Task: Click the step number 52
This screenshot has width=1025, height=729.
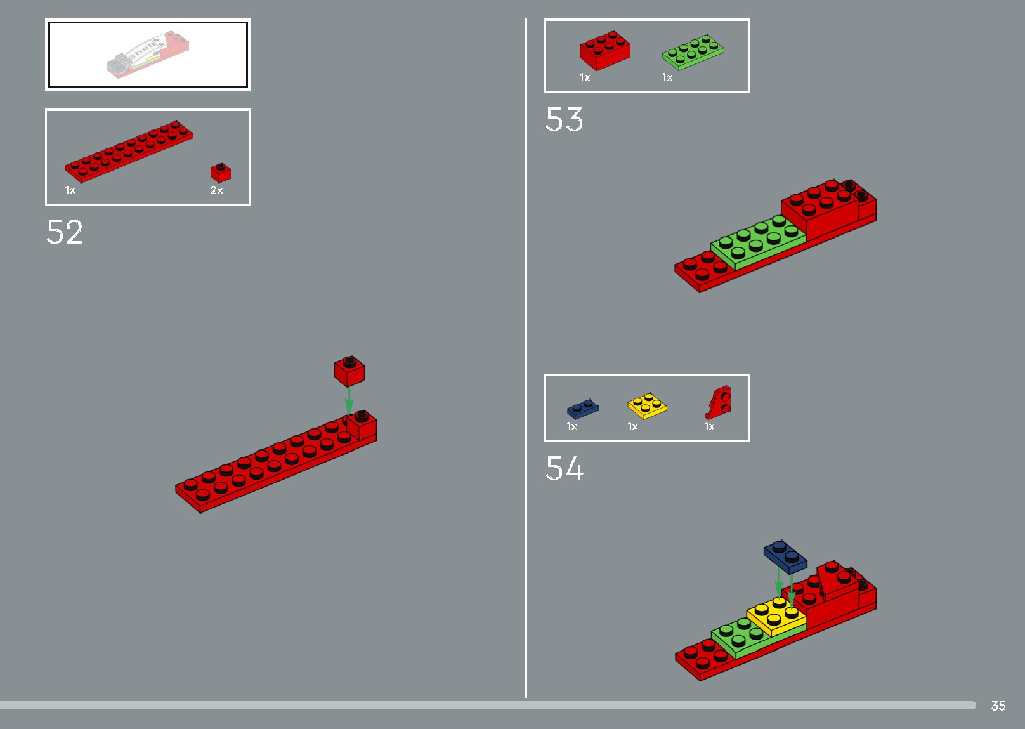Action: pyautogui.click(x=65, y=232)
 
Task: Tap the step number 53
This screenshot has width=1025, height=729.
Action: pyautogui.click(x=564, y=119)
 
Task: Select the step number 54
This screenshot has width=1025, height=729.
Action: pyautogui.click(x=565, y=468)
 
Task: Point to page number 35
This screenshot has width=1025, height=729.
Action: pyautogui.click(x=998, y=706)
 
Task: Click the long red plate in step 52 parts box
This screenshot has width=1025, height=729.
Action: pyautogui.click(x=129, y=151)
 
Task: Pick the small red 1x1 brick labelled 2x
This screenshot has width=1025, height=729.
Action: pyautogui.click(x=221, y=173)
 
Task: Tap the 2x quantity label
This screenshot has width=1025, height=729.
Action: pyautogui.click(x=217, y=190)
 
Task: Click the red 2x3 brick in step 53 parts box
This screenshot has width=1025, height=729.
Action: pyautogui.click(x=604, y=50)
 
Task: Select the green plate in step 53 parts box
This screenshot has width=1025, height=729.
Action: pyautogui.click(x=693, y=52)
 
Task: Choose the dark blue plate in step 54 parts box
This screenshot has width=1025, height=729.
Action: pyautogui.click(x=582, y=409)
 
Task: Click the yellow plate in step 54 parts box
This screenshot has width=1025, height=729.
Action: pyautogui.click(x=647, y=406)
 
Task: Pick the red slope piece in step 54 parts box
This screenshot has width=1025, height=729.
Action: pyautogui.click(x=719, y=402)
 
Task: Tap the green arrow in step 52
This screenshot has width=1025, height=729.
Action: pyautogui.click(x=349, y=401)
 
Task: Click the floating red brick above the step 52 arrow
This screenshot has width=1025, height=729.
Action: pyautogui.click(x=349, y=371)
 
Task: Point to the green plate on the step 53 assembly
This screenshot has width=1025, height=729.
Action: pyautogui.click(x=757, y=241)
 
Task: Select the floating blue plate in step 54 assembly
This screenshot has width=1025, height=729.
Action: pyautogui.click(x=785, y=556)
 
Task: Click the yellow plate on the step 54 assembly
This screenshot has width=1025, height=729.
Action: pyautogui.click(x=776, y=615)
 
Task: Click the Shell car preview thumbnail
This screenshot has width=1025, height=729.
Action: pyautogui.click(x=148, y=55)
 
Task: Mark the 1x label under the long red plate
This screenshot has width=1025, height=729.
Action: pyautogui.click(x=70, y=190)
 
